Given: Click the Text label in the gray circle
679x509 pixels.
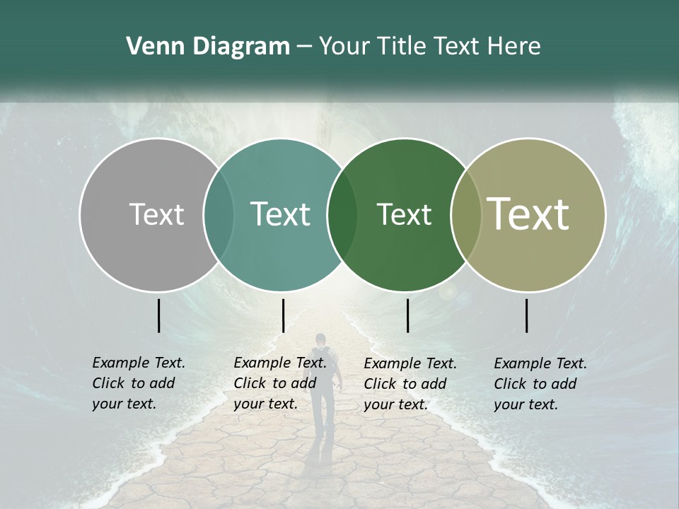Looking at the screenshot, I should pos(156,215).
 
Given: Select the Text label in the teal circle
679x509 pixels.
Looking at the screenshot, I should pos(280,215).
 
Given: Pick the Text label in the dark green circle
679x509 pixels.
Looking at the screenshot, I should pos(404,215).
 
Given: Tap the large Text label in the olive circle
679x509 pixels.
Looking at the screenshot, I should pos(528,214).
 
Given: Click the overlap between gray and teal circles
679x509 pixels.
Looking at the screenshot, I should pos(219,215).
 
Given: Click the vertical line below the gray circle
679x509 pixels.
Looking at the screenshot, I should pos(159,315).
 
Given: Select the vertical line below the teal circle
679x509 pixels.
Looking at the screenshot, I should pos(283,315).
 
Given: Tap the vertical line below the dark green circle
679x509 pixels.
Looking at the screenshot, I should pos(408,315).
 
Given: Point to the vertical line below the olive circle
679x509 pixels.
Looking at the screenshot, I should pos(527,315).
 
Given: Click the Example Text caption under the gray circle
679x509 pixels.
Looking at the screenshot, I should pos(139,383).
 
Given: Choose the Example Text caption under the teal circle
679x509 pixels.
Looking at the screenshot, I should pos(280,383).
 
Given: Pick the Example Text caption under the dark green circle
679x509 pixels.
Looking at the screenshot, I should pos(410,384).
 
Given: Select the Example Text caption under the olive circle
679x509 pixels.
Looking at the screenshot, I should pos(540,384).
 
